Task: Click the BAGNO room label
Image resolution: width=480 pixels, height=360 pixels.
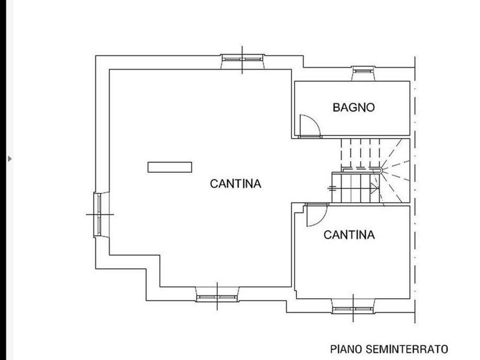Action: tap(353, 107)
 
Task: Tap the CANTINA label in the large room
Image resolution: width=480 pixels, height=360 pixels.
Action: tap(235, 184)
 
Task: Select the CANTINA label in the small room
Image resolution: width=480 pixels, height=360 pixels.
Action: tap(349, 235)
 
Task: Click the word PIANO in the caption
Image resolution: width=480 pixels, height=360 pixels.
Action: tap(346, 349)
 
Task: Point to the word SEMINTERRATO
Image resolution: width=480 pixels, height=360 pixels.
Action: tap(407, 349)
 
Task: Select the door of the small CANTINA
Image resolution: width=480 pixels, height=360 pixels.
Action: tap(317, 215)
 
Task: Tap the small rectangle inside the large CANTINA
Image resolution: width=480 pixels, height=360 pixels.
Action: tap(170, 167)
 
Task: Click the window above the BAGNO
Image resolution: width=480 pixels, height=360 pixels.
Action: tap(364, 71)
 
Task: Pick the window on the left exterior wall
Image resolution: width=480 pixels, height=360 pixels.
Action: tap(98, 215)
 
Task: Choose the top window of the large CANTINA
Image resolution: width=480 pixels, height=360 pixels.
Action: tap(242, 59)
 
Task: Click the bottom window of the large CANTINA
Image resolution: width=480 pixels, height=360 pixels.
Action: tap(217, 297)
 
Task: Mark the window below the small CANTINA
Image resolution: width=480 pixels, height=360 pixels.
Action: tap(353, 309)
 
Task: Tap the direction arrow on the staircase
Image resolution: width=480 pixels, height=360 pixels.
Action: tap(374, 188)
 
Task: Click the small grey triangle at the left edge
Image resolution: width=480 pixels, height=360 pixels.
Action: tap(10, 159)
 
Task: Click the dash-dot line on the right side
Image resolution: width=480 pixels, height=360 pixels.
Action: tap(415, 190)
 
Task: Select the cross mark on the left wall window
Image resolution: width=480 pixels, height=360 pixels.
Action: tap(100, 214)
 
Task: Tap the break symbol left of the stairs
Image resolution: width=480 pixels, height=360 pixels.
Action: tap(332, 188)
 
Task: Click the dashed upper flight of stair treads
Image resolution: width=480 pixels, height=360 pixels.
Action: tap(361, 154)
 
